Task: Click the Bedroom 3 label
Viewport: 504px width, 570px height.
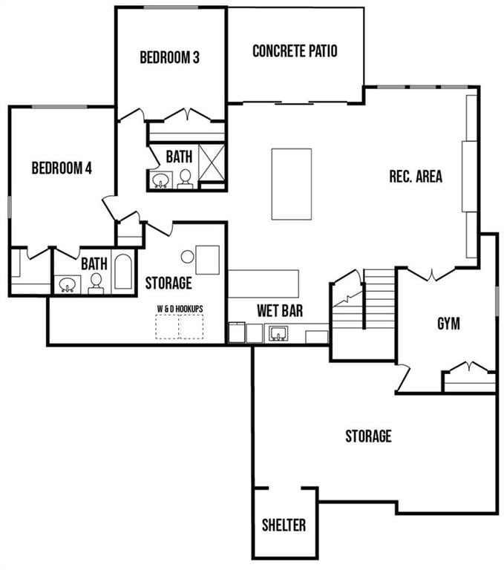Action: pyautogui.click(x=169, y=58)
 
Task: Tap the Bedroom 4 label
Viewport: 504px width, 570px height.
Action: pyautogui.click(x=62, y=168)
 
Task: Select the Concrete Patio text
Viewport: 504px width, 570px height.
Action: pyautogui.click(x=295, y=51)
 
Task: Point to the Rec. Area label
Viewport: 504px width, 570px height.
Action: pyautogui.click(x=416, y=177)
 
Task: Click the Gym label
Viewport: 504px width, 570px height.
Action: pyautogui.click(x=448, y=324)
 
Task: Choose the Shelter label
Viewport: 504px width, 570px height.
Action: pyautogui.click(x=284, y=525)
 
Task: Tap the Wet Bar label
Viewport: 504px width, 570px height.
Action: pyautogui.click(x=280, y=311)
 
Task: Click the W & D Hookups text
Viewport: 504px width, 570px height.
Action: pyautogui.click(x=180, y=308)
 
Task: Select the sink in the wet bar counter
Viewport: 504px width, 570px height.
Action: pyautogui.click(x=279, y=333)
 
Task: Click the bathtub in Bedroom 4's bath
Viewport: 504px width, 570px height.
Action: pyautogui.click(x=123, y=272)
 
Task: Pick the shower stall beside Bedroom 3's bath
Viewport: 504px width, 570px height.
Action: pyautogui.click(x=212, y=163)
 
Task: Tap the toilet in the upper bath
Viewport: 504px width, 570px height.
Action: pyautogui.click(x=185, y=178)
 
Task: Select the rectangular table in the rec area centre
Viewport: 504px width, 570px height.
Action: pyautogui.click(x=291, y=183)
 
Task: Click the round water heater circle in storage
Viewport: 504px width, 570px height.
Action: pyautogui.click(x=188, y=256)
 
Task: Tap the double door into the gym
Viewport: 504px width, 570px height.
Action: pyautogui.click(x=431, y=274)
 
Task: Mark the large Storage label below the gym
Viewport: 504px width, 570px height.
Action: pyautogui.click(x=368, y=436)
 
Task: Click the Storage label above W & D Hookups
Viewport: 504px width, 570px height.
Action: pyautogui.click(x=168, y=283)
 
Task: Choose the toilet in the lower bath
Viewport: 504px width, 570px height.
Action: pyautogui.click(x=96, y=282)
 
